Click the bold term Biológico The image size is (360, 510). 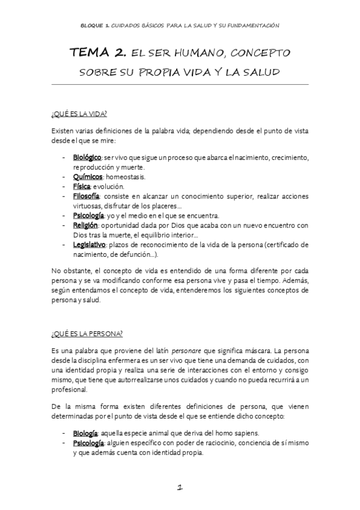[x=86, y=157]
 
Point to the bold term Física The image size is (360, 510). [x=82, y=186]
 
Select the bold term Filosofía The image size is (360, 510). [x=87, y=196]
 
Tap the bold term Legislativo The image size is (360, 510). [x=90, y=245]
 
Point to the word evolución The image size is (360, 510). [x=109, y=186]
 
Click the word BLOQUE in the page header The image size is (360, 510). [x=94, y=25]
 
